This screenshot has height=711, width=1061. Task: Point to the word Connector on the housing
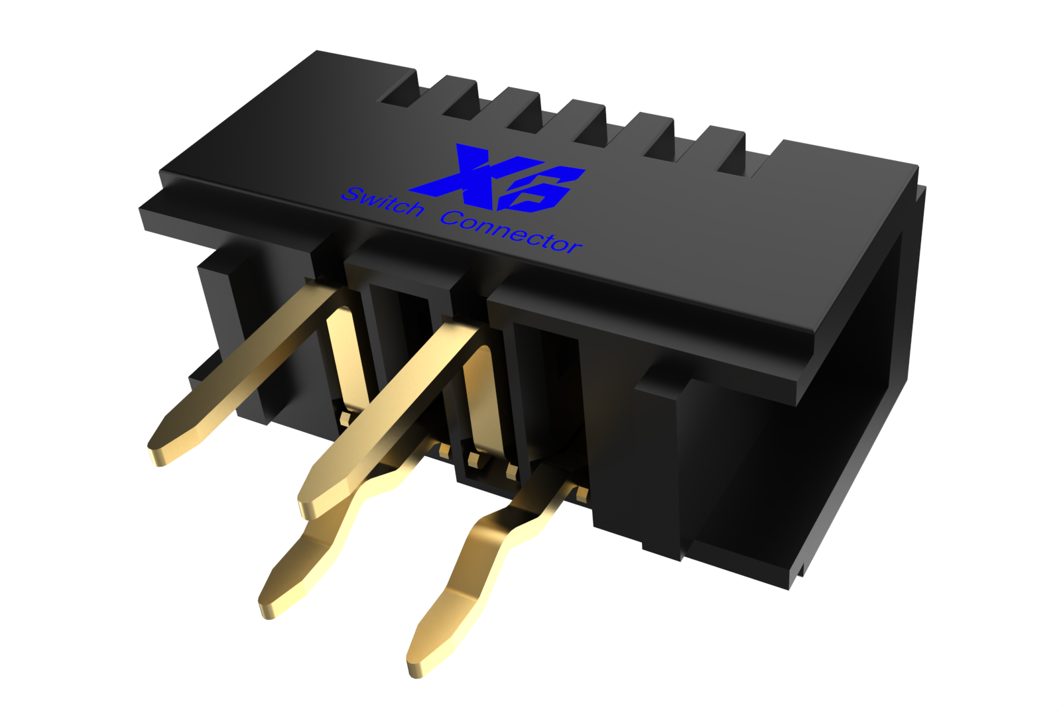510,233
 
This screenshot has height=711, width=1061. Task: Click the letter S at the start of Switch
352,194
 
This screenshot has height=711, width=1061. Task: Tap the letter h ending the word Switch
414,209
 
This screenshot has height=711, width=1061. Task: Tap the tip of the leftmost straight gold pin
156,455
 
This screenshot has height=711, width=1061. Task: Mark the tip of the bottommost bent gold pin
415,667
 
